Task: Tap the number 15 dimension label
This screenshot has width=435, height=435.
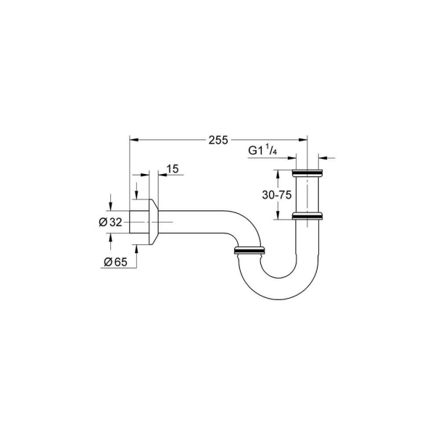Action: (172, 169)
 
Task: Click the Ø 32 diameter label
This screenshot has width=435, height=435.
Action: (110, 222)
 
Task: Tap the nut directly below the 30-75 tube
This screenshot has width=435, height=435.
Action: (308, 216)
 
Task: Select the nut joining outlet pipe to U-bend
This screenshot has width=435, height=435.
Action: (251, 252)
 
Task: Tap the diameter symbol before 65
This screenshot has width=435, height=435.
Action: (107, 262)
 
